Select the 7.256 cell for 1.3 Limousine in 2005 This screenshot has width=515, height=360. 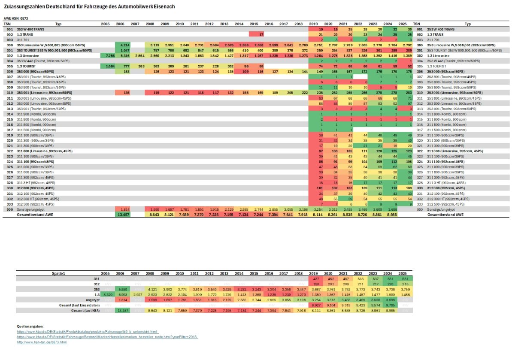106,55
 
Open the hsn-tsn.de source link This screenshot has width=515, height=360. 42,342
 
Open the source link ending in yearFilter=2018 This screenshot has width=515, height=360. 107,337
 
